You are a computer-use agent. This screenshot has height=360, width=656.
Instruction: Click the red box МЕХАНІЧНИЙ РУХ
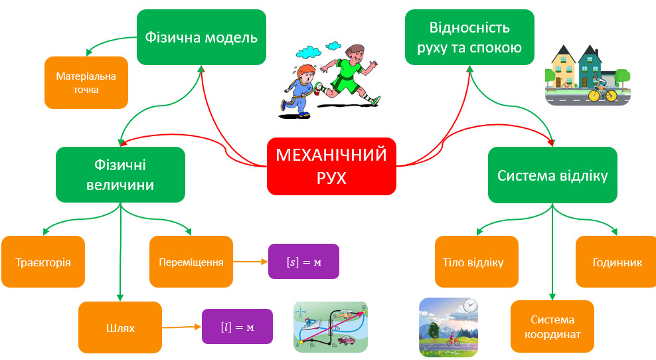click(x=331, y=166)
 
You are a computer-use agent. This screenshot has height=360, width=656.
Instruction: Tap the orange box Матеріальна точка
click(x=86, y=82)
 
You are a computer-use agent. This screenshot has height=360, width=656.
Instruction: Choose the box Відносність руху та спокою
click(x=469, y=37)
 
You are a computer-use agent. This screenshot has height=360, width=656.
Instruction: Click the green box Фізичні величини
click(x=120, y=174)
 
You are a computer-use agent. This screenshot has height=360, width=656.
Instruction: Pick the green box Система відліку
click(x=552, y=175)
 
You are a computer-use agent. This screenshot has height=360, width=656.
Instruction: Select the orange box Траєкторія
click(x=43, y=262)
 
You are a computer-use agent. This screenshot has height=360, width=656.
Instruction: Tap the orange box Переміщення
click(x=191, y=262)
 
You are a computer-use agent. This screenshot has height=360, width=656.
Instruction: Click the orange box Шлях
click(x=120, y=327)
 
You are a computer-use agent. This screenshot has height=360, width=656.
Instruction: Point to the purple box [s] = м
click(x=303, y=261)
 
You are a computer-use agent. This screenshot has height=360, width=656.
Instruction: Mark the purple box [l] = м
click(x=237, y=326)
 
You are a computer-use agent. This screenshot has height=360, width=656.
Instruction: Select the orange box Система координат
click(x=552, y=327)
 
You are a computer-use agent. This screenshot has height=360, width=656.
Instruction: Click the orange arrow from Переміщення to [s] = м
click(x=250, y=262)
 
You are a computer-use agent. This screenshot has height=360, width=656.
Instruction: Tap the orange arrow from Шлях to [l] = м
click(x=182, y=327)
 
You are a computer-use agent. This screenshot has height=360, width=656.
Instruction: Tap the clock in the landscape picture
click(x=470, y=306)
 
